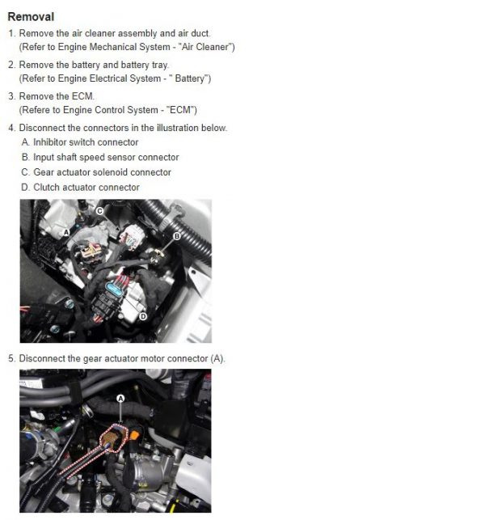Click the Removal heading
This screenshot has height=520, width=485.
click(30, 16)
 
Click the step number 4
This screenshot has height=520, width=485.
click(11, 128)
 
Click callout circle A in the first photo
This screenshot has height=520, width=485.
click(66, 232)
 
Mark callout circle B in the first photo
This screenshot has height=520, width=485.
click(177, 236)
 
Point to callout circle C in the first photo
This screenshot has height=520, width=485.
click(99, 211)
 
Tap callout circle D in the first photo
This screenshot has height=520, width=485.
click(142, 316)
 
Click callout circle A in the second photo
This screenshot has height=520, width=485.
click(120, 398)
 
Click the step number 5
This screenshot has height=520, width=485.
click(11, 358)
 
